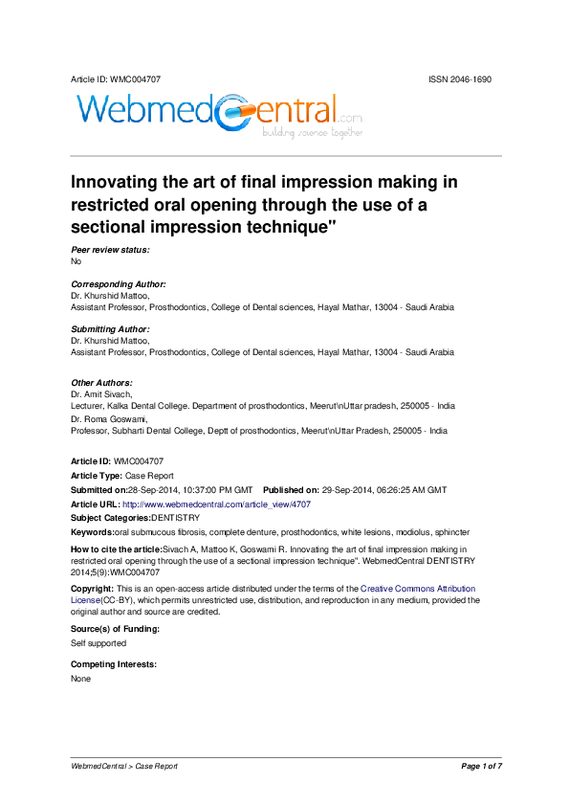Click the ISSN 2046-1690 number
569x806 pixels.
(460, 78)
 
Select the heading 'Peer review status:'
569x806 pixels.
(110, 250)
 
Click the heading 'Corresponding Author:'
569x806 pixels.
(119, 284)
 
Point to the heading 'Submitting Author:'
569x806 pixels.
(110, 329)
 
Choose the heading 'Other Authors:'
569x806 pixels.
(100, 383)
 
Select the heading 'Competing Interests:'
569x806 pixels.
(114, 664)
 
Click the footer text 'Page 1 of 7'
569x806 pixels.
(481, 767)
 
